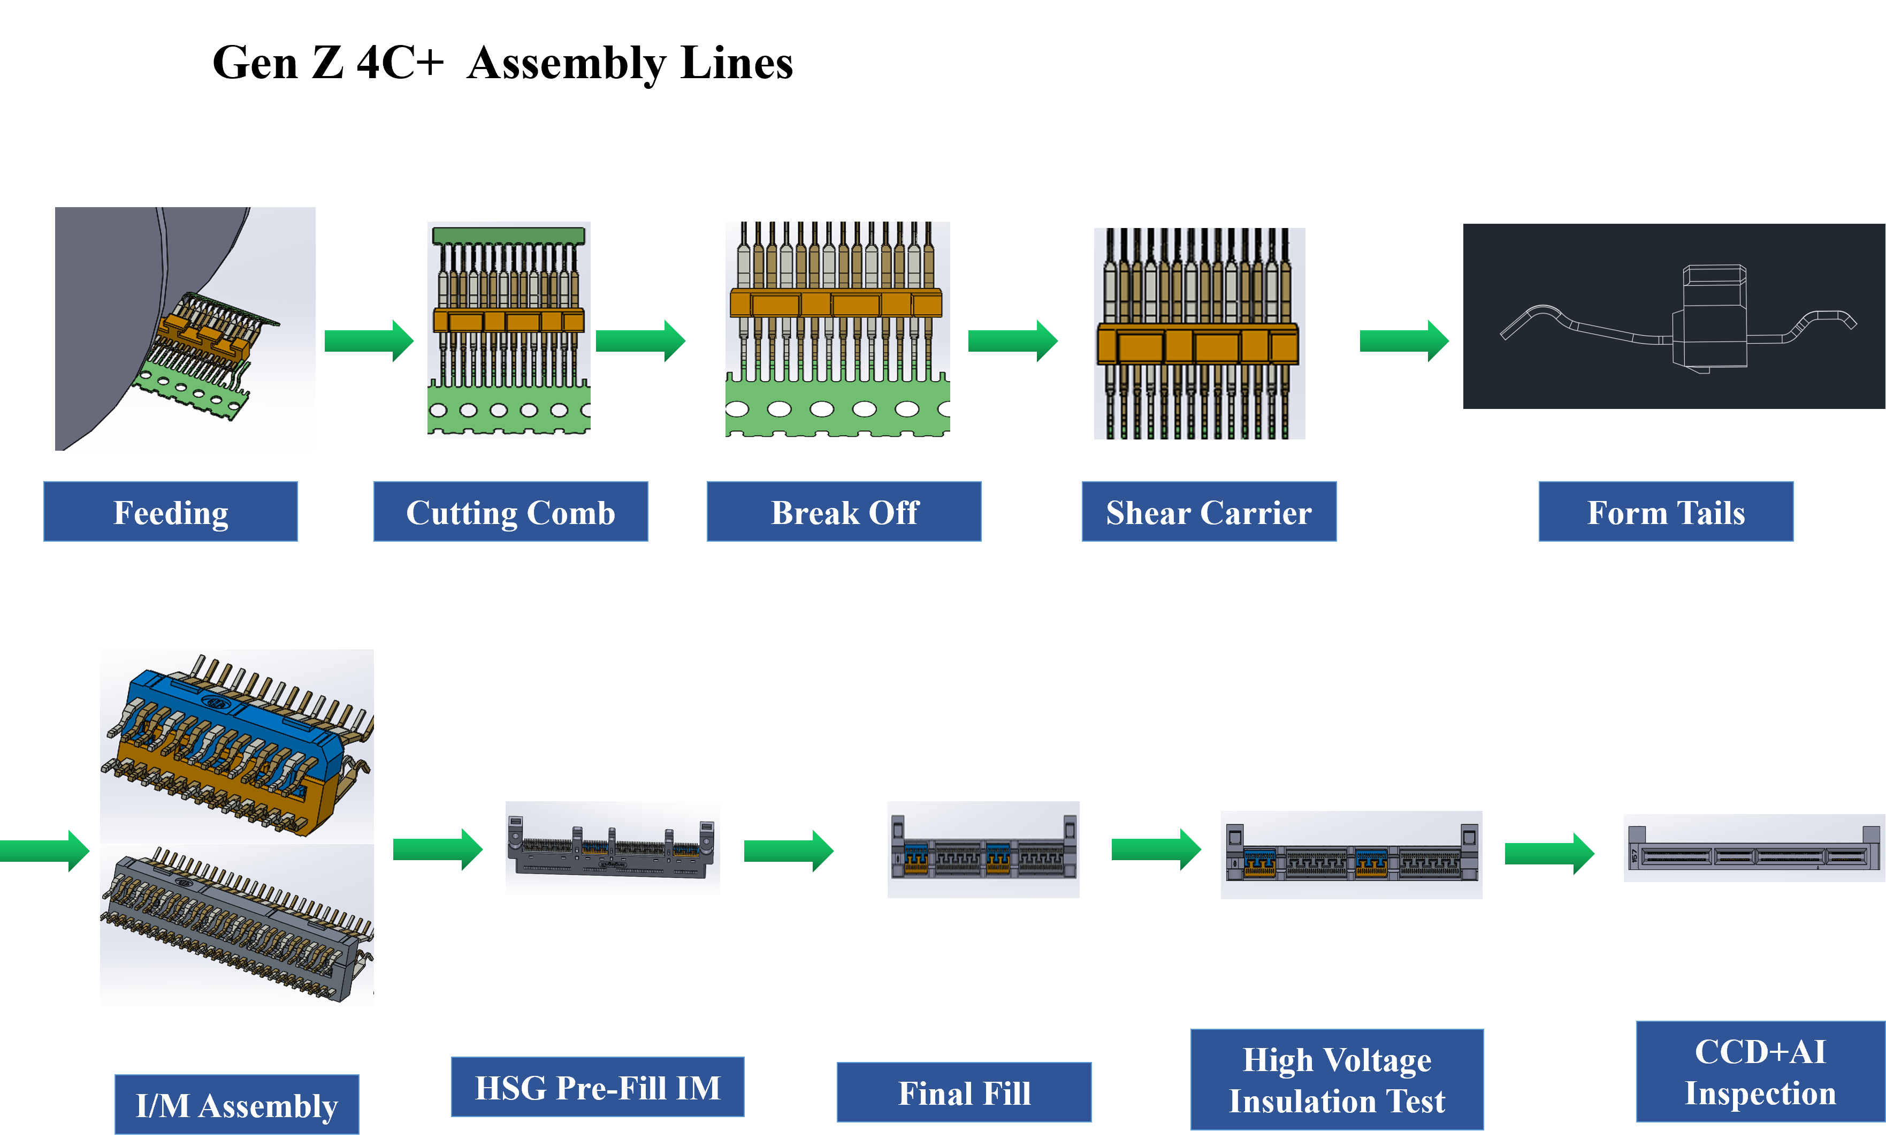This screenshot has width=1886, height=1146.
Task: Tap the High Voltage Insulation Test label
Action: click(x=1337, y=1080)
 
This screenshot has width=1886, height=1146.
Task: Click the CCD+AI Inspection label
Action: click(x=1760, y=1071)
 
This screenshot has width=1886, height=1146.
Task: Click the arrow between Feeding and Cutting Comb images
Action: click(x=369, y=340)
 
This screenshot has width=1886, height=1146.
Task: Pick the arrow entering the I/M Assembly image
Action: click(x=44, y=851)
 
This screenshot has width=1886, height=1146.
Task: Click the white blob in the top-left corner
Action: click(x=115, y=73)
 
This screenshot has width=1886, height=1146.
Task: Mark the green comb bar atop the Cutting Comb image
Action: click(x=508, y=235)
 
